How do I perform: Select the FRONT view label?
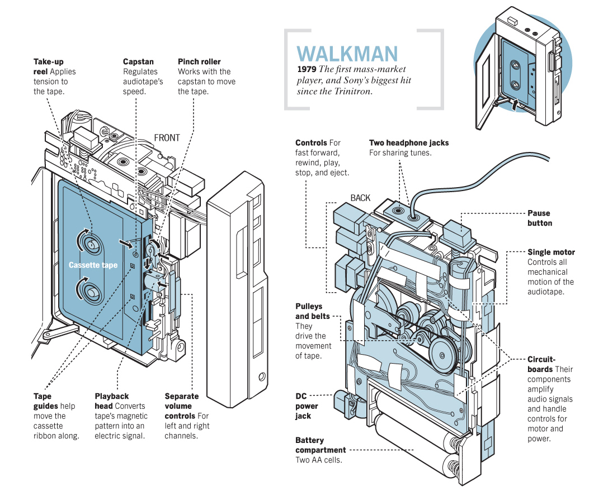(x=167, y=137)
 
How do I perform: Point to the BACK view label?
(x=360, y=198)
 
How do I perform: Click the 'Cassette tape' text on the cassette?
(x=93, y=265)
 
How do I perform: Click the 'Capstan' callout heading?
(x=138, y=61)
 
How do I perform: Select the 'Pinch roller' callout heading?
(x=199, y=61)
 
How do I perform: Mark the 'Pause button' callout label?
(x=539, y=218)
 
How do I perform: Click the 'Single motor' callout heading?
(x=551, y=252)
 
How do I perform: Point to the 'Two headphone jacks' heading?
(x=408, y=142)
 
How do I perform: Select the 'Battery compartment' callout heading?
(x=320, y=445)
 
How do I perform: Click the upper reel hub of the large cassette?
(x=89, y=242)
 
